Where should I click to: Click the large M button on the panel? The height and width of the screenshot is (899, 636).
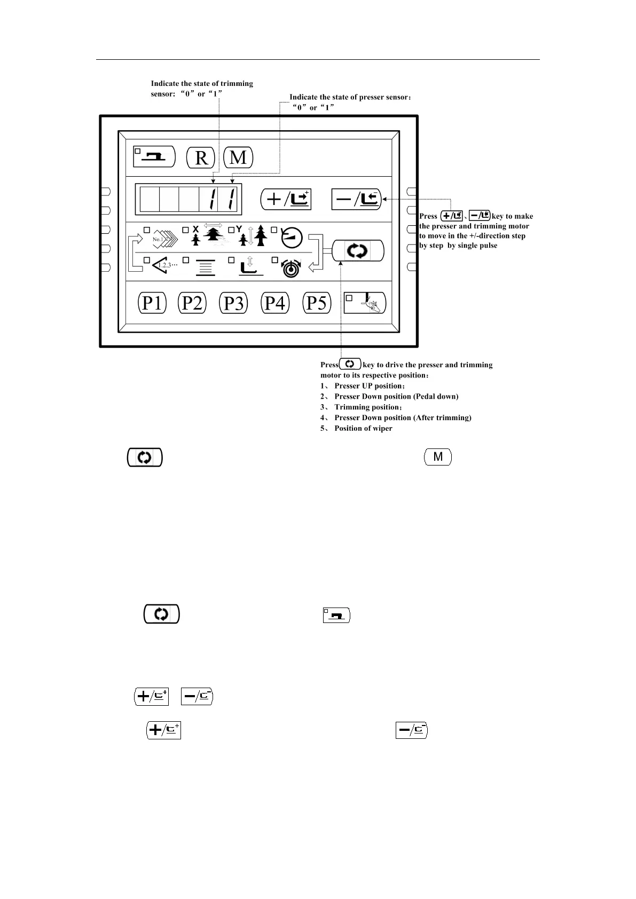[238, 157]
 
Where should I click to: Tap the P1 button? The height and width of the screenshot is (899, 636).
[152, 303]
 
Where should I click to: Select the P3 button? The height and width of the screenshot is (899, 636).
[233, 303]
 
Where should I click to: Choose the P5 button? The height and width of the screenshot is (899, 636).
[317, 303]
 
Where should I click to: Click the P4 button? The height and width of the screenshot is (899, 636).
[275, 303]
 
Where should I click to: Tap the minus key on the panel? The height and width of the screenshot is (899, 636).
[357, 199]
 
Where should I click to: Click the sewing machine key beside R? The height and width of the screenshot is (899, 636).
[154, 156]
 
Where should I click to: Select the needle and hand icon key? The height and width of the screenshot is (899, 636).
[364, 303]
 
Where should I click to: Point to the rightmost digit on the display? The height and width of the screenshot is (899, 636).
[230, 200]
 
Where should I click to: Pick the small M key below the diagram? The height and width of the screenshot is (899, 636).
[438, 457]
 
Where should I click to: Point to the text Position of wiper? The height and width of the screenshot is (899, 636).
[363, 429]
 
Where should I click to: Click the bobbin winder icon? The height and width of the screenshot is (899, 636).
[292, 267]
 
